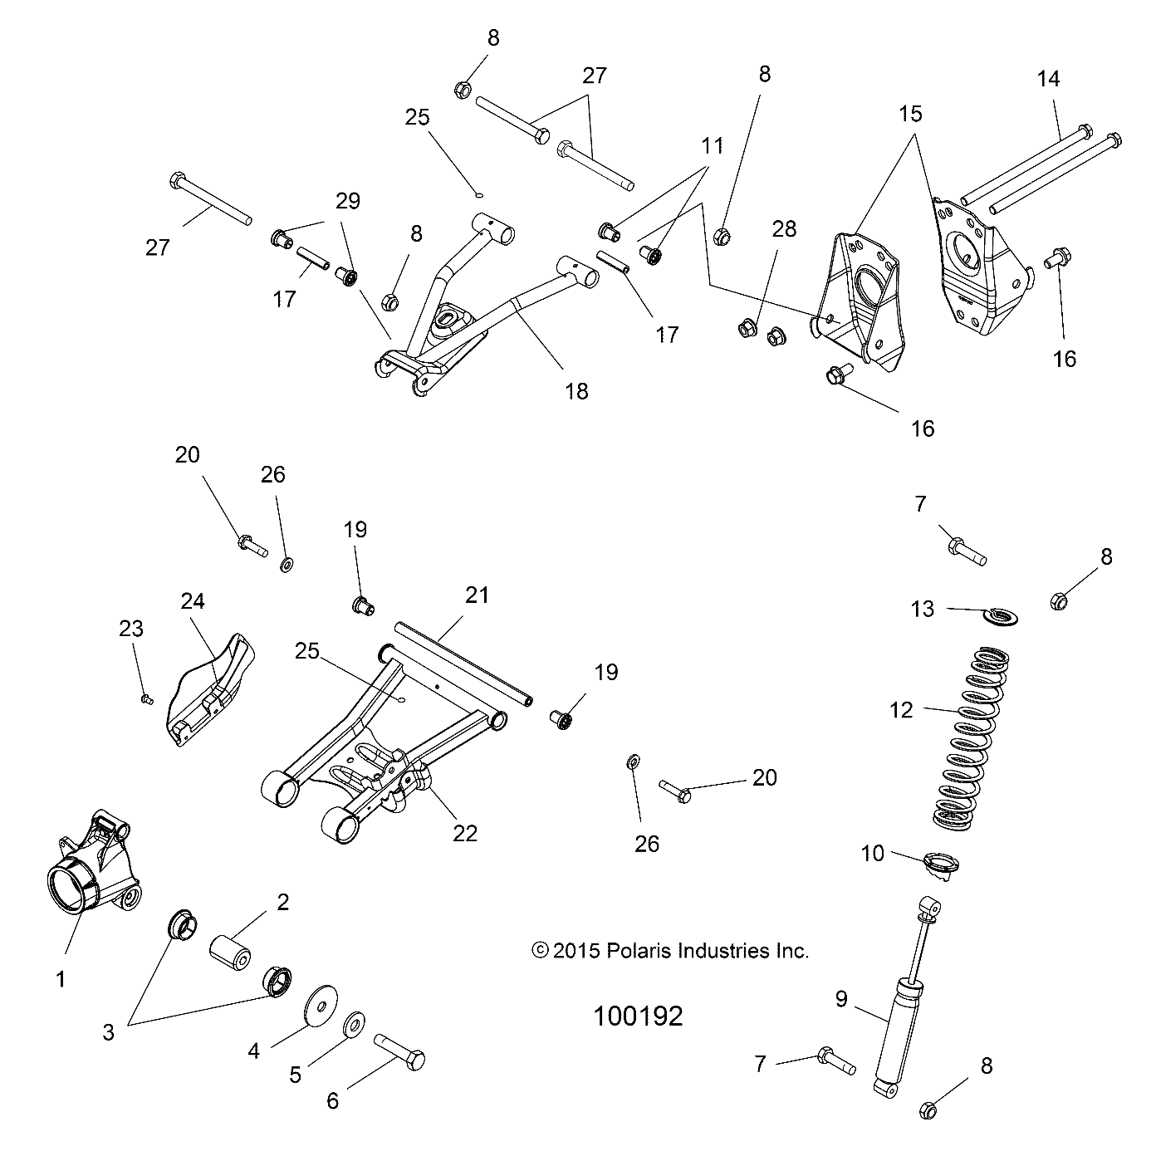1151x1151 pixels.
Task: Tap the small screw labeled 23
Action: [x=147, y=699]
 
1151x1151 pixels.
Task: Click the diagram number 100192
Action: [x=638, y=1016]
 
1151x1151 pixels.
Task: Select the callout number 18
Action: [x=576, y=391]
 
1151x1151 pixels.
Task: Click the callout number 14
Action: [x=1048, y=80]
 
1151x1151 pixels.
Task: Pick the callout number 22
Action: [x=465, y=833]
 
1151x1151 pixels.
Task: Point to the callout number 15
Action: [x=910, y=113]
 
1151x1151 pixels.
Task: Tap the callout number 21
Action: [x=477, y=595]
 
